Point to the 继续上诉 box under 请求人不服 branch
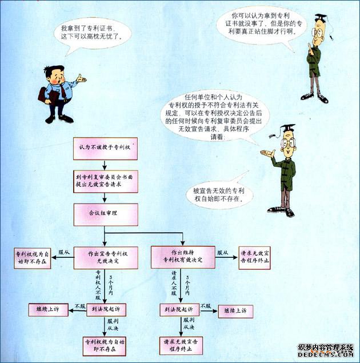(235, 310)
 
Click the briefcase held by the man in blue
(45, 94)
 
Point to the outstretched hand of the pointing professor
(266, 153)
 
